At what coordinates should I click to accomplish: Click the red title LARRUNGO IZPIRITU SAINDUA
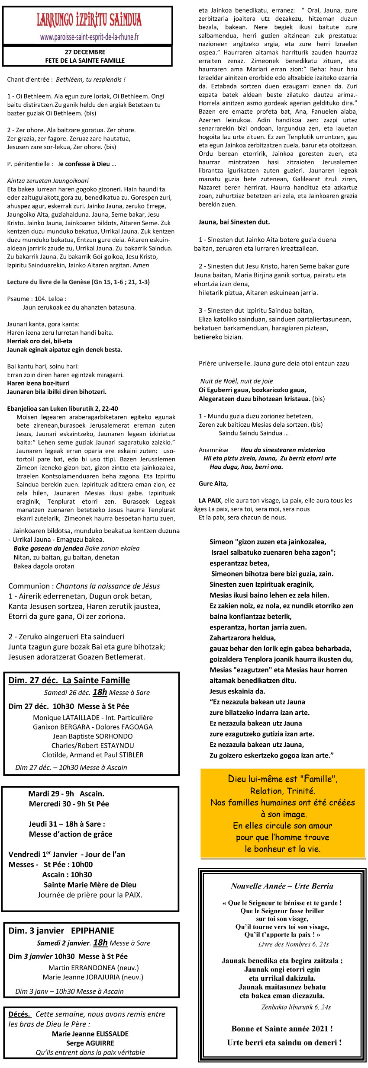click(89, 20)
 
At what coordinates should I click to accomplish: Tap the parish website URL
click(89, 37)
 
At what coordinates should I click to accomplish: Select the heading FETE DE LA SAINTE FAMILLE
click(85, 61)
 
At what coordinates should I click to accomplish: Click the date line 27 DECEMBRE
click(85, 52)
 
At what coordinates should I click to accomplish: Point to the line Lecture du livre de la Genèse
click(78, 282)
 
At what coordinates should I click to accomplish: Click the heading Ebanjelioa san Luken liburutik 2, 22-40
click(62, 409)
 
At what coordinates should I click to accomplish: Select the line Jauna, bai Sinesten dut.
click(234, 222)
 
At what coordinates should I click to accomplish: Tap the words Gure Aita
click(213, 483)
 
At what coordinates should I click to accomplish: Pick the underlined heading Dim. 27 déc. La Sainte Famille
click(69, 680)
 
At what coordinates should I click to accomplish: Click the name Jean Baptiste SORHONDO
click(93, 736)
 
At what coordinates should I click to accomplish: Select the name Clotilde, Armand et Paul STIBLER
click(93, 755)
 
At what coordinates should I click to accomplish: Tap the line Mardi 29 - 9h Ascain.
click(66, 793)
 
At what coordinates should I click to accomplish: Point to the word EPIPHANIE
click(93, 931)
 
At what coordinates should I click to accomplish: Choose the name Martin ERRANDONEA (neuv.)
click(94, 968)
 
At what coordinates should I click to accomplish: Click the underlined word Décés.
click(19, 1014)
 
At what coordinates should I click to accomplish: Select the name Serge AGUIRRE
click(90, 1043)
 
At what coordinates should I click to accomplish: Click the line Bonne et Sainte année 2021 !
click(282, 1029)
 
